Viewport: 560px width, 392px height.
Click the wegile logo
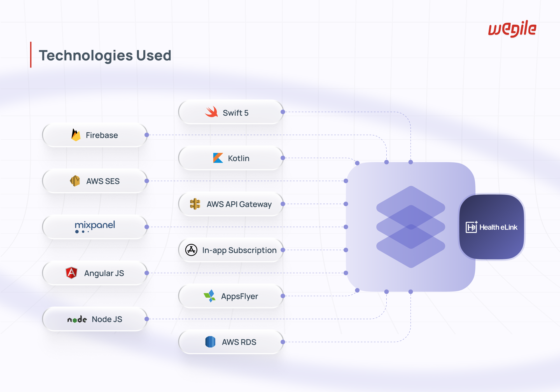[512, 29]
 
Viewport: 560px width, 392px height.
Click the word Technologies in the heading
[86, 56]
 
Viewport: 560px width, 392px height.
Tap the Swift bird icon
[211, 112]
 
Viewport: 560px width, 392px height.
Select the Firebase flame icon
[76, 135]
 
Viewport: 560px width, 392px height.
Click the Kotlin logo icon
[218, 158]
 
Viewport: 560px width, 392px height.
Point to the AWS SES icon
[75, 181]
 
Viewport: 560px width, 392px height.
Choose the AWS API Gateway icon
[195, 204]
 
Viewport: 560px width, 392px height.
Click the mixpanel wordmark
[95, 227]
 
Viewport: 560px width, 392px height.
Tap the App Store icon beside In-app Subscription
[191, 250]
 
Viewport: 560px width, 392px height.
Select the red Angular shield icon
[71, 273]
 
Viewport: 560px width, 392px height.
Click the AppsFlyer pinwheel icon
[210, 296]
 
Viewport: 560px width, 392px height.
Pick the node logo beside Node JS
[77, 319]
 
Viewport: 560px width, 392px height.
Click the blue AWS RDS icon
[210, 342]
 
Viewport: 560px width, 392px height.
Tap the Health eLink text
[498, 227]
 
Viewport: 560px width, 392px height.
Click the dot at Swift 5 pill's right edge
[283, 112]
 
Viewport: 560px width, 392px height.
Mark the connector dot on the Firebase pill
[147, 135]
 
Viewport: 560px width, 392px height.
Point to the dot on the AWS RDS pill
[283, 342]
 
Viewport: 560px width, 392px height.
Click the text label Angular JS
[104, 273]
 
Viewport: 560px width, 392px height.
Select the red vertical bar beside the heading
[31, 55]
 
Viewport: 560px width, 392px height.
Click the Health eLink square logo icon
[472, 227]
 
